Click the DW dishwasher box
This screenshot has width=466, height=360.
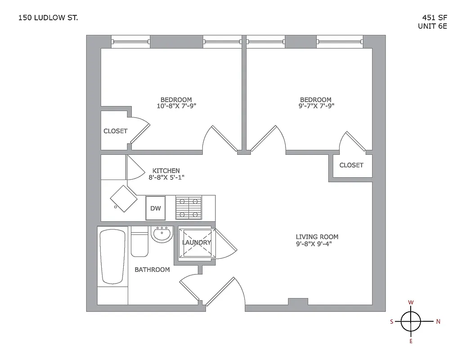coord(155,208)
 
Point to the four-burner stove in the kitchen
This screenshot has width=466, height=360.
coord(189,207)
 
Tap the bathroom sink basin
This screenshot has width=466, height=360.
coord(161,234)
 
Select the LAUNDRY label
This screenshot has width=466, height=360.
coord(197,243)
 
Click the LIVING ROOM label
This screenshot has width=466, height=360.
coord(317,237)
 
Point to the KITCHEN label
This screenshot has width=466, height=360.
coord(166,171)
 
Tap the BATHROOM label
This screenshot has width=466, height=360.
coord(152,270)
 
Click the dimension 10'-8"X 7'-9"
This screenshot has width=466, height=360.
coord(176,106)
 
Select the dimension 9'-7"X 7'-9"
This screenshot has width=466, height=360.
coord(316,106)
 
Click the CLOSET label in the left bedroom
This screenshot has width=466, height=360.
coord(116,131)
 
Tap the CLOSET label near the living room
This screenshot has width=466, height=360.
coord(351,165)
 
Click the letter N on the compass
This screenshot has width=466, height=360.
coord(438,321)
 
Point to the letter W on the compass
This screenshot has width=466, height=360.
coord(411,302)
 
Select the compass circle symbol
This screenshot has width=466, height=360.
coord(411,321)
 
